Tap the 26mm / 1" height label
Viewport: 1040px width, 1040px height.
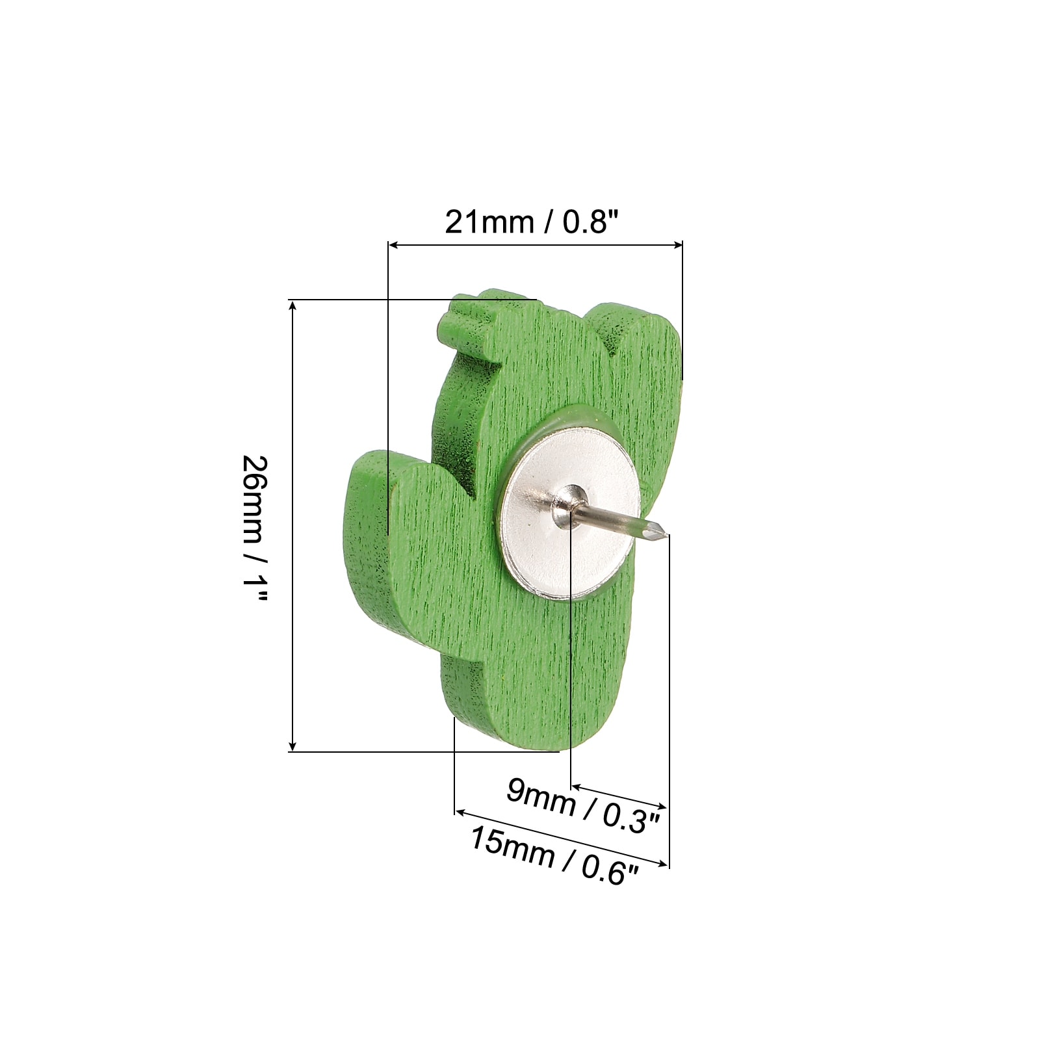click(254, 528)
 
